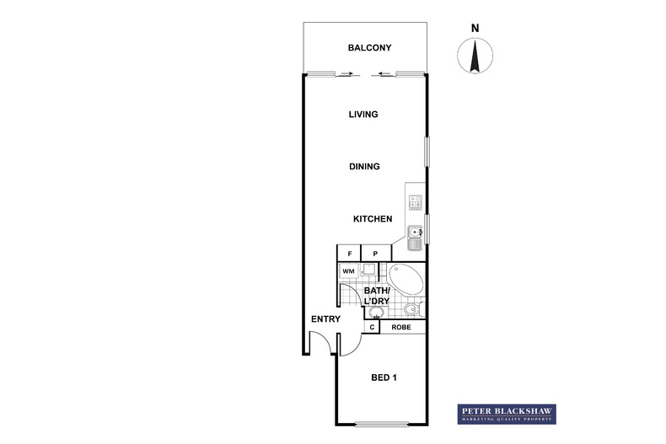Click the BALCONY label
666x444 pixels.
(x=369, y=48)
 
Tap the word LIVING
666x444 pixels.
(x=363, y=115)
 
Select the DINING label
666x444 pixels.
(x=364, y=167)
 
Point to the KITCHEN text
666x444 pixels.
(x=373, y=219)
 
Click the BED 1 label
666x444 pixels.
(x=384, y=377)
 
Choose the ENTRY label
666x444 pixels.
(x=325, y=319)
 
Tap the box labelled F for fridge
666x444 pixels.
(x=348, y=253)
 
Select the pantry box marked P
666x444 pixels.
(x=375, y=253)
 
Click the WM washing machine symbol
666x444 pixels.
(x=347, y=270)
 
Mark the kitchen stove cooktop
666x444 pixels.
(x=416, y=202)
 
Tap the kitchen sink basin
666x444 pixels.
(x=415, y=233)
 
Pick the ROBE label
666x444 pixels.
(x=401, y=327)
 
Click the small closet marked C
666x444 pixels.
(x=372, y=327)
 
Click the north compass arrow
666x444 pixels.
(x=475, y=56)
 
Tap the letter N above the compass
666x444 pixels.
(x=475, y=27)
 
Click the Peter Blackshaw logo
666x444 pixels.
(x=506, y=413)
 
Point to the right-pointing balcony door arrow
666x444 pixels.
(x=346, y=74)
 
